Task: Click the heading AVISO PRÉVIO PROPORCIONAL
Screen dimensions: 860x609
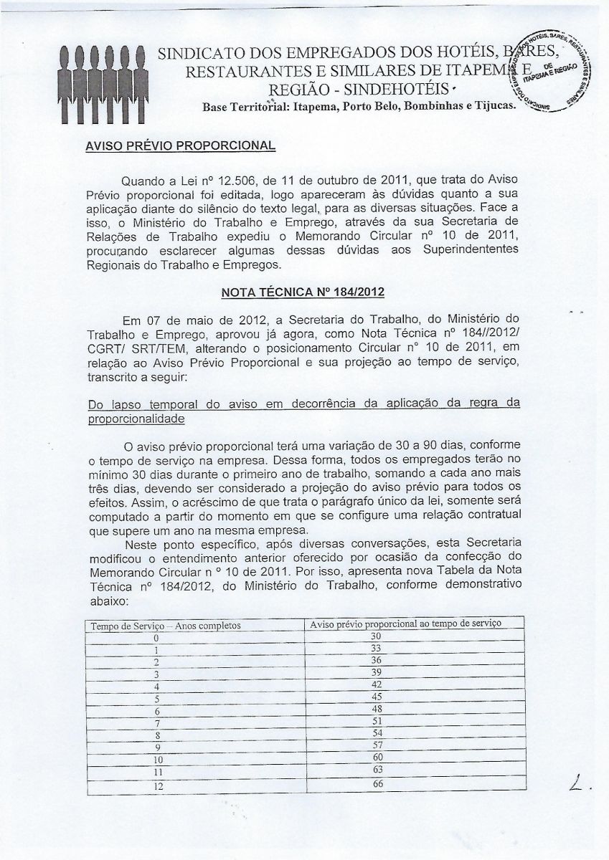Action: (x=180, y=145)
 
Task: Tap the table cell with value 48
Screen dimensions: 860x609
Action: (x=377, y=709)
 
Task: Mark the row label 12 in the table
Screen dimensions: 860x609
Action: (x=159, y=786)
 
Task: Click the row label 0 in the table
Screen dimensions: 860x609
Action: (x=155, y=638)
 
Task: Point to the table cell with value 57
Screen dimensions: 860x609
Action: (x=377, y=745)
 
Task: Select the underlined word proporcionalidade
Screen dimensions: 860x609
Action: (x=135, y=419)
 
